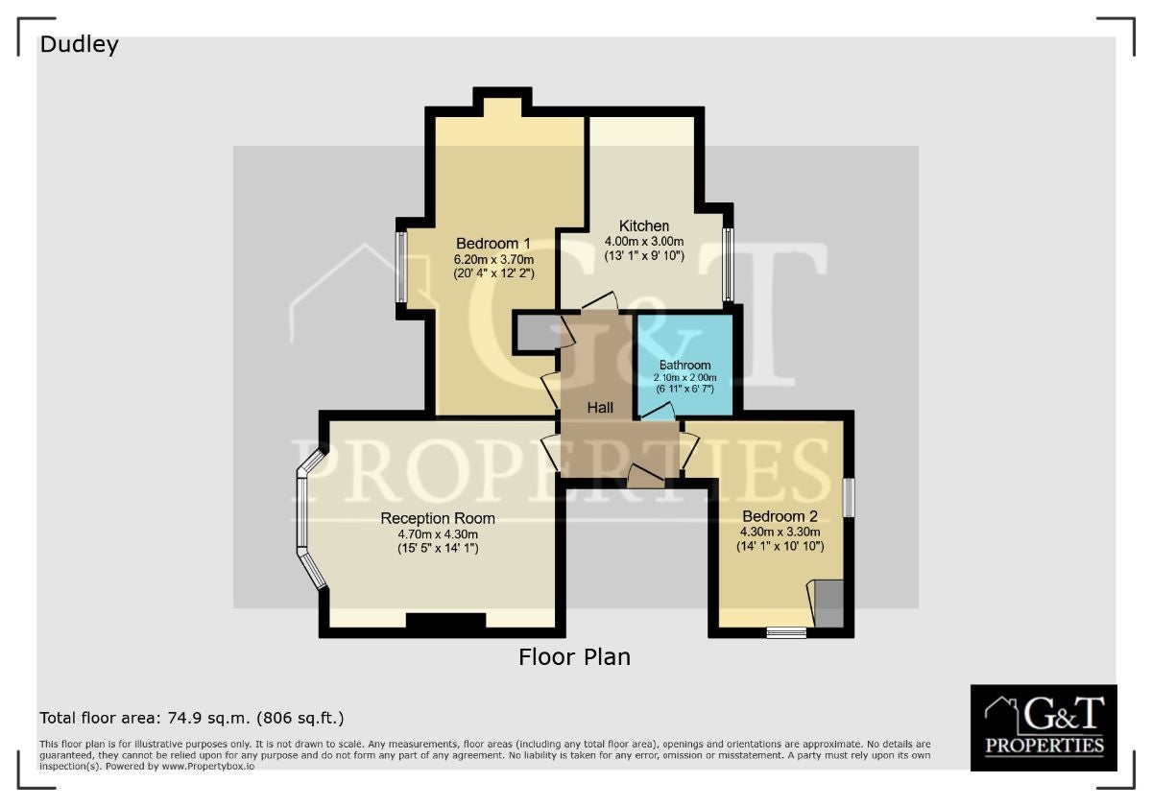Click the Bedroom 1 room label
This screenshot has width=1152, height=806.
pos(493,243)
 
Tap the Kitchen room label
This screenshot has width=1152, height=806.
pos(644,225)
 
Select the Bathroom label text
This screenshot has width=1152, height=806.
pos(685,365)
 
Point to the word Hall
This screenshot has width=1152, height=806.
pos(600,408)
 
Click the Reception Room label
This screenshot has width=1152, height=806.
pos(438,518)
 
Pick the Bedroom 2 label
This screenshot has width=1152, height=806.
pos(780,515)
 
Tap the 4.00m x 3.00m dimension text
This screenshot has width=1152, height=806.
pos(644,241)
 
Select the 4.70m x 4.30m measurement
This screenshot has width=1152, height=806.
pos(438,534)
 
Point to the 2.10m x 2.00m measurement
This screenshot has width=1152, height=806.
pos(685,377)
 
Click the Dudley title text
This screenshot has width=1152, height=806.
pos(79,45)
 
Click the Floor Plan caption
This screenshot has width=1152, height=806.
pos(574,657)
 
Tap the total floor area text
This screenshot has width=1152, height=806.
pos(192,718)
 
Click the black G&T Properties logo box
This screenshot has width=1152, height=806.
pos(1044,727)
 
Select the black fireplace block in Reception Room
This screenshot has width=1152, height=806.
pos(445,620)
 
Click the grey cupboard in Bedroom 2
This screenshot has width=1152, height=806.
pos(829,603)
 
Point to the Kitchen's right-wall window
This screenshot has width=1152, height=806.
pos(728,264)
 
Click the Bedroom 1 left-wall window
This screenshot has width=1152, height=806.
pos(401,267)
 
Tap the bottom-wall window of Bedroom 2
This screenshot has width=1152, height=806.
pos(786,632)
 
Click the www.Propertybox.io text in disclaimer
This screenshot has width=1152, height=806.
pos(207,766)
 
